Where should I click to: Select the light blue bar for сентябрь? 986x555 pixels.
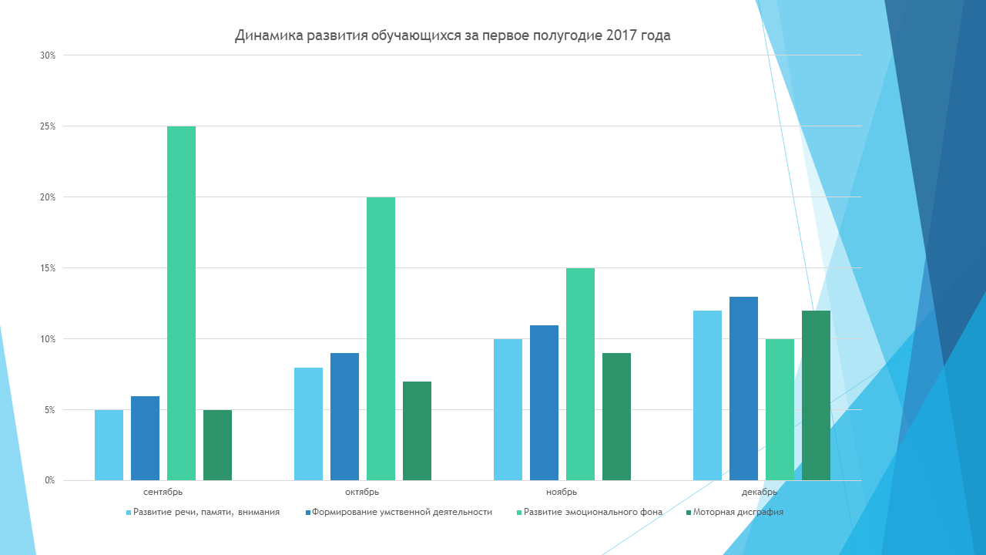(109, 445)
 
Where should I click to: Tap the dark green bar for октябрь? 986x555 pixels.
(417, 431)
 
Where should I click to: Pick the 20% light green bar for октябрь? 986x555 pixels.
(381, 338)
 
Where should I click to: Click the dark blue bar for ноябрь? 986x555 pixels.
(544, 402)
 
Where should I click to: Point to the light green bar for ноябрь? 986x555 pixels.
(580, 374)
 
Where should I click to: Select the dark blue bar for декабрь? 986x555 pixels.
(743, 388)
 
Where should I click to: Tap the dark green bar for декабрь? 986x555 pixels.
(816, 395)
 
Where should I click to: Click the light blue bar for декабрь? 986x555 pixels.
(707, 395)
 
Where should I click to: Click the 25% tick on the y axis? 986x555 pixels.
(48, 126)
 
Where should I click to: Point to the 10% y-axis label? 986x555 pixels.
(48, 339)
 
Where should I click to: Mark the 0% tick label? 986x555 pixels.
(49, 481)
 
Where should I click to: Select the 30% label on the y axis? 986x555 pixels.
(48, 55)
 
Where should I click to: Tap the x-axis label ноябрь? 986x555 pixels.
(562, 492)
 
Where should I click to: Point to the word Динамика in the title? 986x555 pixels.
(264, 35)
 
